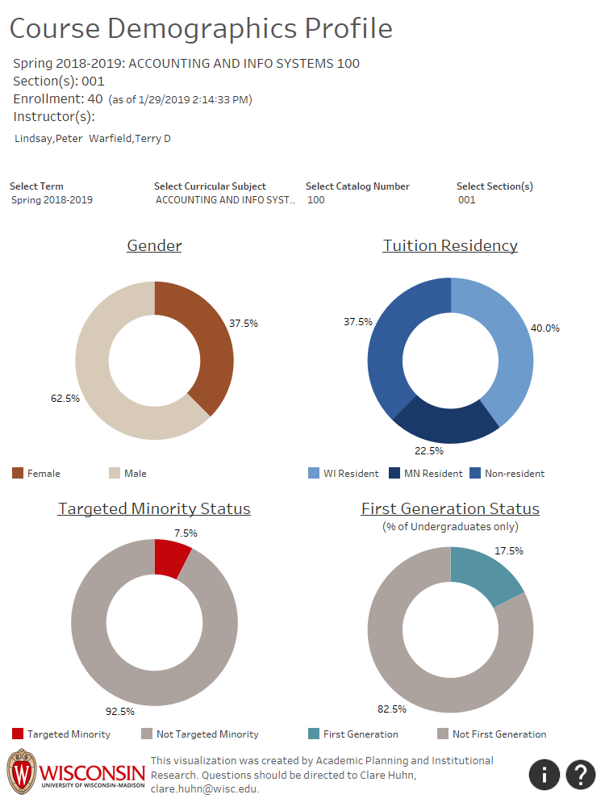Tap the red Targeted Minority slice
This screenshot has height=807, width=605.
click(x=169, y=558)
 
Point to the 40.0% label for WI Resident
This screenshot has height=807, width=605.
click(x=544, y=328)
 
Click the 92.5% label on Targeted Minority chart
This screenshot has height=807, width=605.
click(x=119, y=712)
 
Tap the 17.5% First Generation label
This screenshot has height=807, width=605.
click(x=508, y=551)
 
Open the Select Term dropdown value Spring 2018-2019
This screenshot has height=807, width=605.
click(x=52, y=200)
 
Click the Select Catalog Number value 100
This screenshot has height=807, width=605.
click(x=316, y=200)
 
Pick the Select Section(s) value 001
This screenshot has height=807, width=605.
click(x=467, y=200)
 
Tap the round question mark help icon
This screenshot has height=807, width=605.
click(x=580, y=775)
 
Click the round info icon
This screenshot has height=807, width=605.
click(x=544, y=775)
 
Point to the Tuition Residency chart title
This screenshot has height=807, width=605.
click(x=450, y=246)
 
